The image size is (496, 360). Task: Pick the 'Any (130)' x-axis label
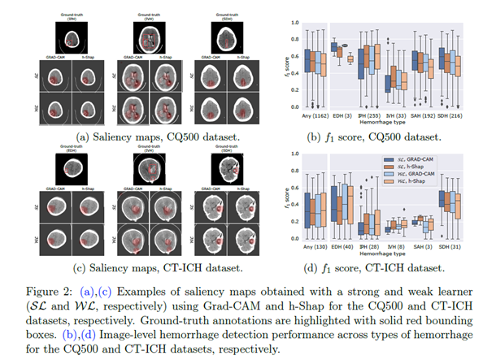pos(314,246)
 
